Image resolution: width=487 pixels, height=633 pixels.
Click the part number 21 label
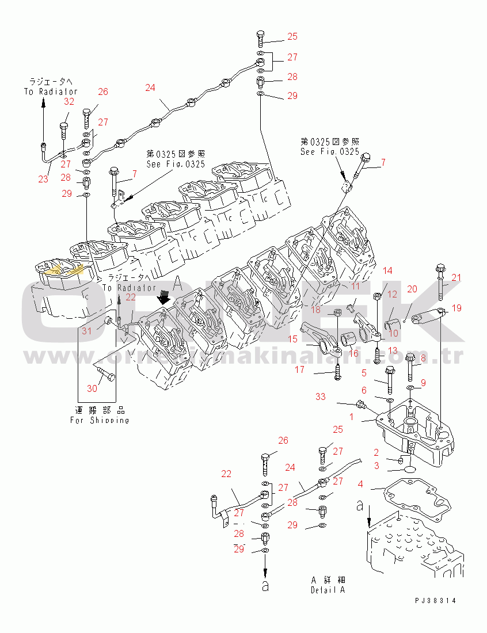[x=456, y=278]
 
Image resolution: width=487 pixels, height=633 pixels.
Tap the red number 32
[x=69, y=102]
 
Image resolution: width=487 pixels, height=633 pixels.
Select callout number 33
[x=321, y=396]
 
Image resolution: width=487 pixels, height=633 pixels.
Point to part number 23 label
[x=43, y=179]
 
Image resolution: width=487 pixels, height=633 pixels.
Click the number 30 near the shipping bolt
[x=92, y=388]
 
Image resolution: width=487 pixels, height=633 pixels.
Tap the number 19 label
[x=456, y=308]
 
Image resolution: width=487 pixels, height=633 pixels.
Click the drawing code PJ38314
[x=435, y=600]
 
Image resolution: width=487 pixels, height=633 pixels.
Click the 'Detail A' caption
[x=328, y=590]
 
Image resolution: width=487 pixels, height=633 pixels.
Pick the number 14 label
[x=388, y=270]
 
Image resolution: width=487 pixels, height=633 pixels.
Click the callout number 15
[x=292, y=340]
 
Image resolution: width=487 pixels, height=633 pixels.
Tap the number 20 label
[x=412, y=288]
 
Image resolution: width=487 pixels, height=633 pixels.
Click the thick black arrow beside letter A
[x=164, y=297]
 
